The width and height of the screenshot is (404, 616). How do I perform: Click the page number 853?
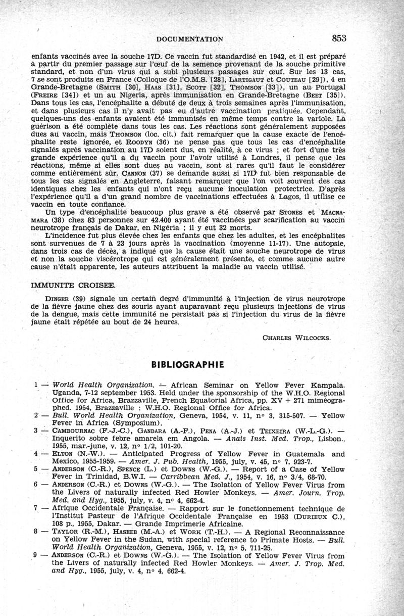point(339,38)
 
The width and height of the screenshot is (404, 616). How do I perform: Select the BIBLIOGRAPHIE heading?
point(187,364)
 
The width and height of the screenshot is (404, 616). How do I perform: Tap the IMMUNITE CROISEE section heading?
point(73,285)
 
